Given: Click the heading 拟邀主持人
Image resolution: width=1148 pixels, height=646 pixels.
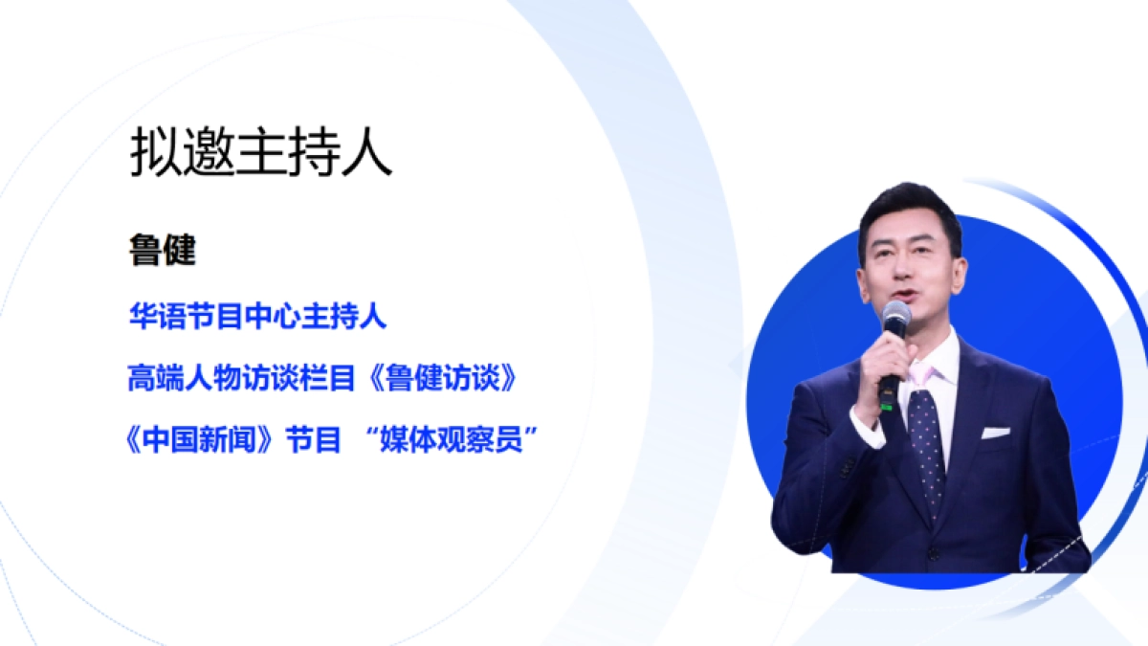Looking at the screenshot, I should (x=260, y=155).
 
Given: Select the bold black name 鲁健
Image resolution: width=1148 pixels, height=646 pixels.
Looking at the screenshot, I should (x=163, y=251).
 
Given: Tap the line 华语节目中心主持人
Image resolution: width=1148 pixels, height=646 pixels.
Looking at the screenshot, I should (x=258, y=317).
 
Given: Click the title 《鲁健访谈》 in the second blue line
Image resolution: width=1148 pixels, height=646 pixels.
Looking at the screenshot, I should (x=446, y=379).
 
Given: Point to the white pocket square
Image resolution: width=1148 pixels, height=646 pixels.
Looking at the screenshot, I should (x=995, y=433).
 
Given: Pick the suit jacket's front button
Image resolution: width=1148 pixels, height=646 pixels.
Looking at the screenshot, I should (x=932, y=553).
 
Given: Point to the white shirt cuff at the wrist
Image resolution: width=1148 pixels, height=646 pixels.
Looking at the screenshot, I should (x=867, y=425).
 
